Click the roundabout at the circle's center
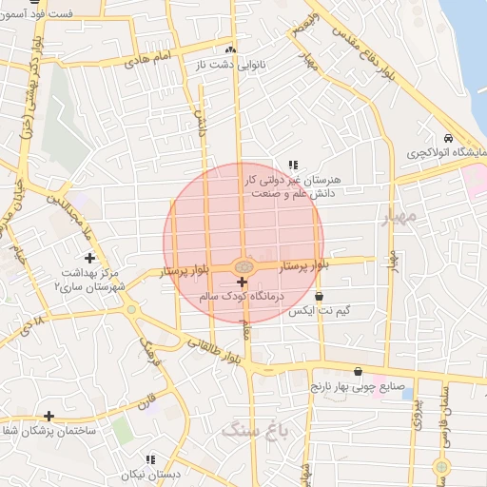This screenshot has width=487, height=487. tap(243, 267)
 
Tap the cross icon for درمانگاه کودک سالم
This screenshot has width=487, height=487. tap(242, 282)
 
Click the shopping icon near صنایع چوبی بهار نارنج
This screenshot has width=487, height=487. tap(358, 372)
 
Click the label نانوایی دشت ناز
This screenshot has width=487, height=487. tap(228, 65)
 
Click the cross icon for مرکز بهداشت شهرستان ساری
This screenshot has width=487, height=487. tap(90, 258)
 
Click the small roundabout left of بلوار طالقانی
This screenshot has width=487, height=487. tap(130, 309)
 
